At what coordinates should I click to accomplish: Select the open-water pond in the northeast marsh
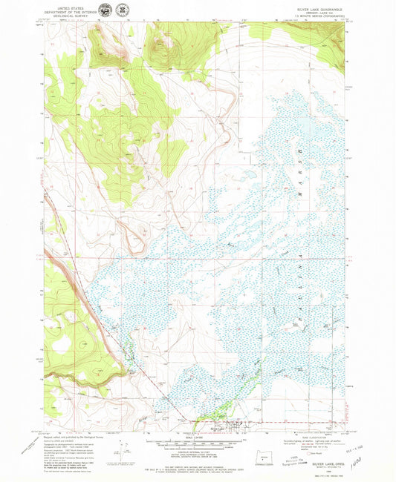coord(305,133)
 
